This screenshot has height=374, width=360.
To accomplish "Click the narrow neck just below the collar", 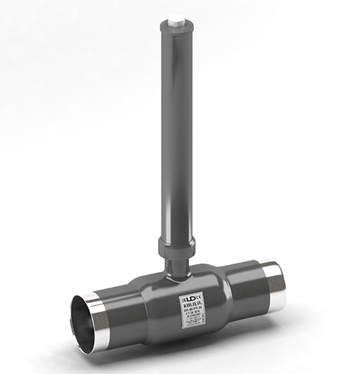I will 176,262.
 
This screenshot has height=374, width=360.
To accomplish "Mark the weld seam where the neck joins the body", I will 177,272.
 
